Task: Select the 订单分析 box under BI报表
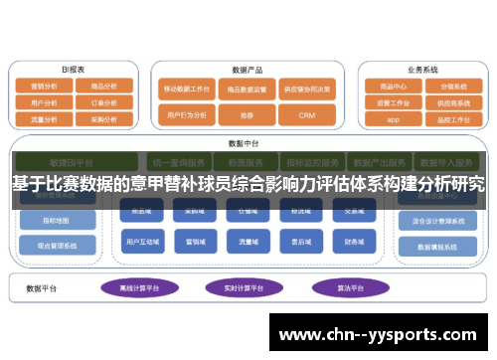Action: click(103, 101)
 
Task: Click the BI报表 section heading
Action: click(73, 71)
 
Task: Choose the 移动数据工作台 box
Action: click(187, 89)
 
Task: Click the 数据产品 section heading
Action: click(246, 71)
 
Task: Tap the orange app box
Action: click(390, 118)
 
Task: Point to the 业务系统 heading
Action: click(422, 71)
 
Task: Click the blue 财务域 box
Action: click(354, 241)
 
